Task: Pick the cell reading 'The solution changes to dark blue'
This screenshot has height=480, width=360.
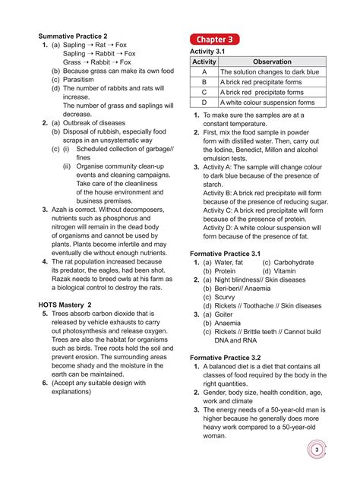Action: coord(269,71)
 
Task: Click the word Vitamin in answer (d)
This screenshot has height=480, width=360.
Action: coord(286,270)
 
